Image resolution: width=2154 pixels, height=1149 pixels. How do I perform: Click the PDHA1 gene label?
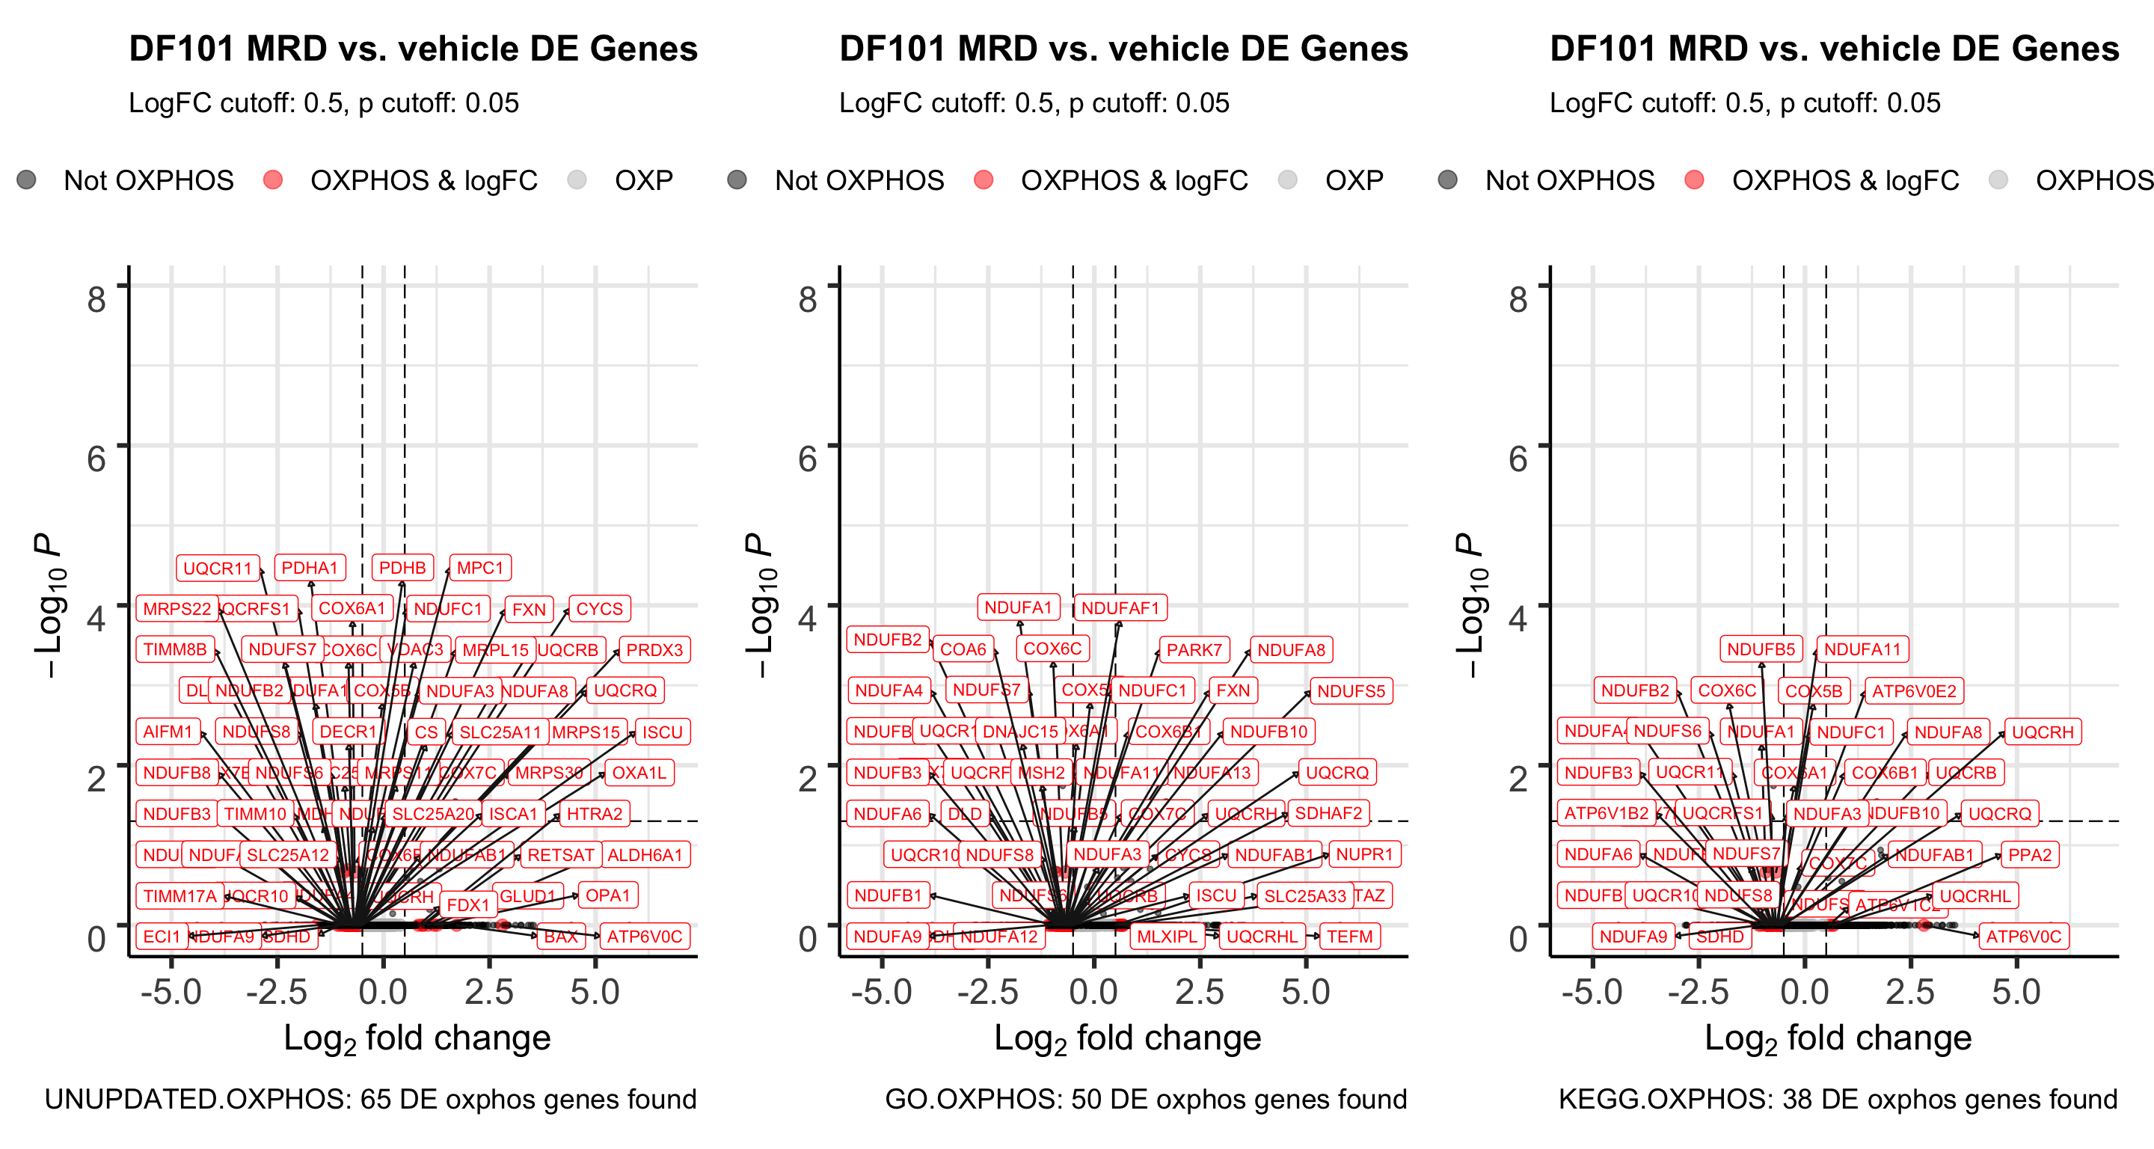pyautogui.click(x=310, y=568)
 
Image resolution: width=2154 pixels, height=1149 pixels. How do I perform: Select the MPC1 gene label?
pyautogui.click(x=480, y=568)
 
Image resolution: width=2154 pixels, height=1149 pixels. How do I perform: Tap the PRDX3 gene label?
pyautogui.click(x=654, y=650)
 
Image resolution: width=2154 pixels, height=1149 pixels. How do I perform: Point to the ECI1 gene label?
pyautogui.click(x=162, y=937)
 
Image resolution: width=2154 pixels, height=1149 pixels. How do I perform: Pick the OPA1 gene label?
pyautogui.click(x=607, y=895)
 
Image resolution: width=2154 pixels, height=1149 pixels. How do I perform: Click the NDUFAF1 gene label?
pyautogui.click(x=1120, y=608)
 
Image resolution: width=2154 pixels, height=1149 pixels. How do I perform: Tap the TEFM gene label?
pyautogui.click(x=1348, y=937)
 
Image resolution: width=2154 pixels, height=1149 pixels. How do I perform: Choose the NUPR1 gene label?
pyautogui.click(x=1363, y=854)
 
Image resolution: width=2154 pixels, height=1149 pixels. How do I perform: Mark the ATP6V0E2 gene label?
pyautogui.click(x=1913, y=690)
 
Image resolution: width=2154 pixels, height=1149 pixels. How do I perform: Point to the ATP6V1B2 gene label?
pyautogui.click(x=1606, y=814)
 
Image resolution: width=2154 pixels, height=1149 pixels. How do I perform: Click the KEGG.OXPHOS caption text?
pyautogui.click(x=1837, y=1099)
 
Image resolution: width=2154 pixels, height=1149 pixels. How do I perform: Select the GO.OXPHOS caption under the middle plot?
pyautogui.click(x=1146, y=1099)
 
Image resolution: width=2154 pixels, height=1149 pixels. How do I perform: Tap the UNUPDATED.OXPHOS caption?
pyautogui.click(x=370, y=1099)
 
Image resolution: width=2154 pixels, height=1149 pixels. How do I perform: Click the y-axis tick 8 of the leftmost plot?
pyautogui.click(x=97, y=298)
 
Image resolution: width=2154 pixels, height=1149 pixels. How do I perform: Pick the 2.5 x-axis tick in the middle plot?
pyautogui.click(x=1199, y=992)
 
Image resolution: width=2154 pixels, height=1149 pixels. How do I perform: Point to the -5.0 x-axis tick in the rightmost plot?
pyautogui.click(x=1592, y=992)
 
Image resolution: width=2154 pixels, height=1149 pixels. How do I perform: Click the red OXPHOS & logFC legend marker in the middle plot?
pyautogui.click(x=984, y=180)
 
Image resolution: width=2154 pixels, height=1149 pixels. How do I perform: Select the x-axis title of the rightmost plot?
pyautogui.click(x=1837, y=1038)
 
